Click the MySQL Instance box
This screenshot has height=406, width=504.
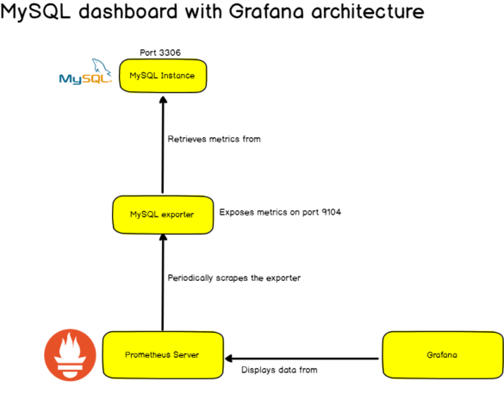click(163, 76)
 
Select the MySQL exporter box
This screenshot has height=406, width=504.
click(163, 215)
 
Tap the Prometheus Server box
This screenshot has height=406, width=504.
click(163, 355)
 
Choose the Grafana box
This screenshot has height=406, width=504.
click(443, 355)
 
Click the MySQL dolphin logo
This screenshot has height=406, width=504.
click(85, 72)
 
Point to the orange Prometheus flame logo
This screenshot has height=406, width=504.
click(70, 355)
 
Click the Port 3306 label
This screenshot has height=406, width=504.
click(160, 53)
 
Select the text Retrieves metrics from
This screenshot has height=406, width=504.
click(214, 139)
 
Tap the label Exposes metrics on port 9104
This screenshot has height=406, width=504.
click(280, 212)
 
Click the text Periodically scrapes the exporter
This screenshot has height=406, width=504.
click(234, 278)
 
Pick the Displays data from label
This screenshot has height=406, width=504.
click(279, 370)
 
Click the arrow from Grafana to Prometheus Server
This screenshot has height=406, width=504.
click(302, 359)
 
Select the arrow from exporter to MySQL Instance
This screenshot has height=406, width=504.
click(163, 145)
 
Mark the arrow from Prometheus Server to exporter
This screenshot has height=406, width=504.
click(163, 282)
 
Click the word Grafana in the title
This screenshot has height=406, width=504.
click(266, 11)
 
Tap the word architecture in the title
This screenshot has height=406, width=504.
click(368, 11)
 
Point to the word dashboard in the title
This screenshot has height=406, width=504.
click(128, 11)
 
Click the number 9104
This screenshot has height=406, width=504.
click(332, 212)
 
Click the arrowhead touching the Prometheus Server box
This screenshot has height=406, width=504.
click(228, 359)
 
